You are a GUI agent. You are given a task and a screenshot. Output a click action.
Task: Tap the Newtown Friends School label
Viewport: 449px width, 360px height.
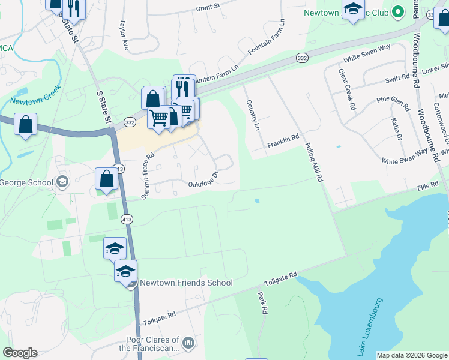[186, 283]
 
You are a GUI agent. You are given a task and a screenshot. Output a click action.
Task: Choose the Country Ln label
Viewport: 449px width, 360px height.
[252, 115]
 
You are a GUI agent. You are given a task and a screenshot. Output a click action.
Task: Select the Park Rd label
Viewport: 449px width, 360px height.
[262, 303]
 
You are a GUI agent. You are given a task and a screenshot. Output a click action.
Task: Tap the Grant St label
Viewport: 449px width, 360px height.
[209, 8]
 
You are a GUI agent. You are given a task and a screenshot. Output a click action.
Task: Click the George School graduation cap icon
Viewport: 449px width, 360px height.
[62, 182]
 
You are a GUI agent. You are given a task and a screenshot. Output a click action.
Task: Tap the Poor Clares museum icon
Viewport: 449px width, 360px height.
[188, 343]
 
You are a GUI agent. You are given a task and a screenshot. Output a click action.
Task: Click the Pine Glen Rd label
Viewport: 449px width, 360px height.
[393, 103]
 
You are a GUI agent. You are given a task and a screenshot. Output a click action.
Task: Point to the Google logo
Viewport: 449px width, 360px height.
[20, 353]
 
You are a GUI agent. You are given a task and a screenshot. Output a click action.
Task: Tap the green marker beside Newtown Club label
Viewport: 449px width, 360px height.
[397, 12]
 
